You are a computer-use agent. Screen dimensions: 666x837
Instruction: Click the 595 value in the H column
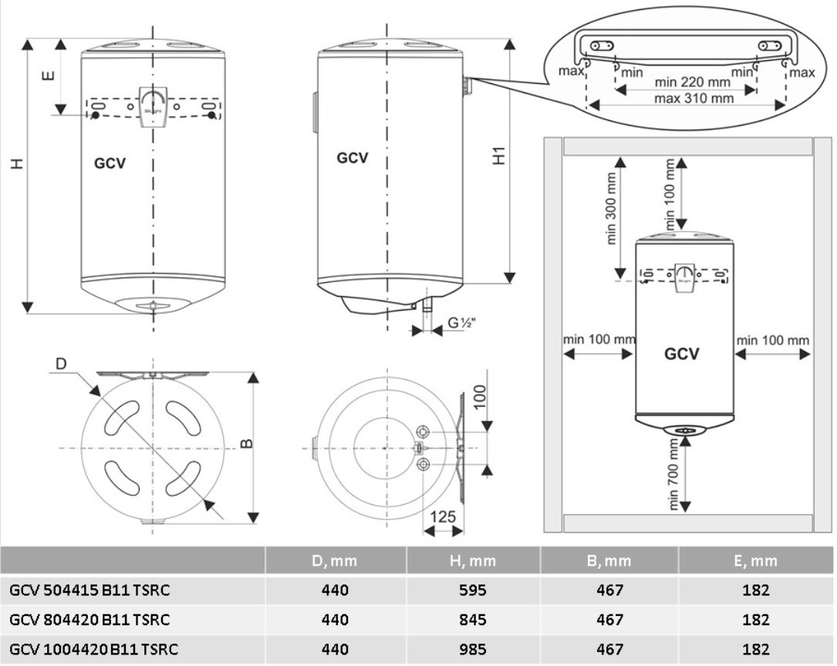[472, 590]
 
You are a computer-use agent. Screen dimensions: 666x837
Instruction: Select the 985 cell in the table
[472, 649]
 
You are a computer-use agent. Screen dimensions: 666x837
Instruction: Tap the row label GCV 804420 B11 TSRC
[89, 620]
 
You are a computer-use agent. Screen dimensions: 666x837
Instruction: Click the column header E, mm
[757, 560]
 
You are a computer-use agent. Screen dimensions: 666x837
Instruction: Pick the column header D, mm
[336, 560]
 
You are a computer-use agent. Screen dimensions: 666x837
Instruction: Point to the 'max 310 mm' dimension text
[694, 99]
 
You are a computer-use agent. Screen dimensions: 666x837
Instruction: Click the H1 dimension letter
[499, 155]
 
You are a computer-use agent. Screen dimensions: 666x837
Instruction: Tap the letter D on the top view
[62, 363]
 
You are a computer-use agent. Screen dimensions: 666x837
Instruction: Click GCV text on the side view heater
[353, 158]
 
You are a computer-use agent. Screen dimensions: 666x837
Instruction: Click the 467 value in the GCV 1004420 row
[609, 649]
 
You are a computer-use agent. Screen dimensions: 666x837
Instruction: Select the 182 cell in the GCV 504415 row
[757, 590]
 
